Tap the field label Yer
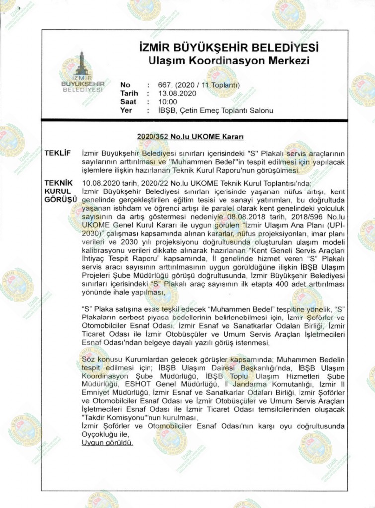click(x=126, y=110)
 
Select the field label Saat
click(x=129, y=102)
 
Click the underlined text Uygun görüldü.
click(x=108, y=442)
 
